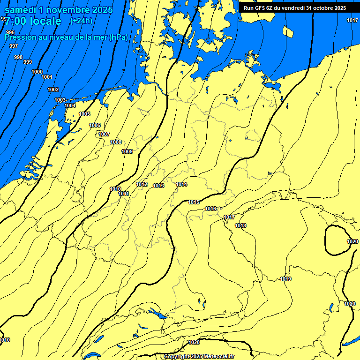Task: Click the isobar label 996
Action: click(10, 32)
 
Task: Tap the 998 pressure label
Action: click(18, 57)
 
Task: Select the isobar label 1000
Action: click(37, 72)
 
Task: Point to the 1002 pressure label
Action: click(53, 90)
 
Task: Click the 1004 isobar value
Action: click(70, 105)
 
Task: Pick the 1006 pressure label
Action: click(95, 125)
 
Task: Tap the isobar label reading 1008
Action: click(116, 142)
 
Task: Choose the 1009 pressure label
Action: click(127, 151)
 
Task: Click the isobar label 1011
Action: click(124, 194)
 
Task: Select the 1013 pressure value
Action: click(158, 186)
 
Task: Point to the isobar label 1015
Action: click(194, 202)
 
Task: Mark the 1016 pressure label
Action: click(210, 209)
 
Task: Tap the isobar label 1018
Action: click(240, 225)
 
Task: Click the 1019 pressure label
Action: click(285, 279)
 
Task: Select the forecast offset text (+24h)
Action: click(81, 21)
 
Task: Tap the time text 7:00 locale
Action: click(33, 21)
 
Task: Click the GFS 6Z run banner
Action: click(295, 8)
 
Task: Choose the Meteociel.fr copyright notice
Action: click(199, 356)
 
